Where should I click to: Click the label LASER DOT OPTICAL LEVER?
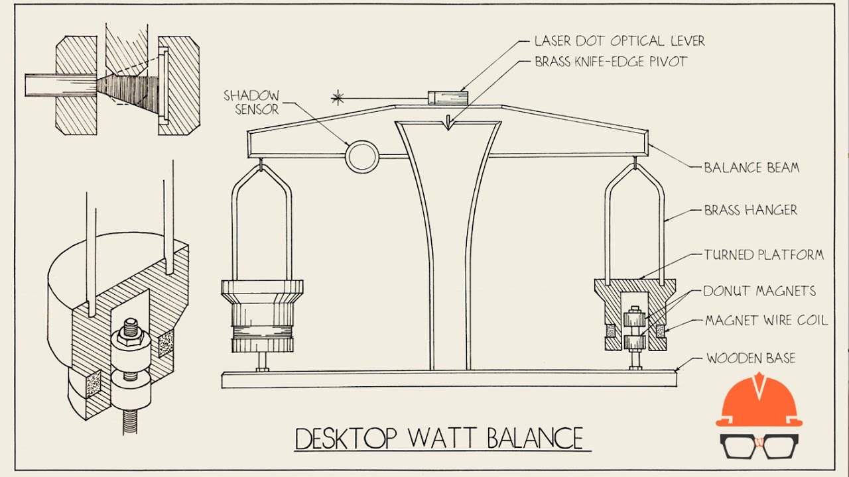point(619,41)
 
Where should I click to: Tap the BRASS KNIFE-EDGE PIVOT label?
point(610,62)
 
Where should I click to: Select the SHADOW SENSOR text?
point(251,102)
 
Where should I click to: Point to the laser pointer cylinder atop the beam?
point(448,97)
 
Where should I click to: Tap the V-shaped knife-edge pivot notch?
point(449,123)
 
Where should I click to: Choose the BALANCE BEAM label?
point(751,168)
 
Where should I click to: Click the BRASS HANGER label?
point(750,211)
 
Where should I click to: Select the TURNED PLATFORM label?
point(763,254)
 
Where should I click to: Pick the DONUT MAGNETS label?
point(759,291)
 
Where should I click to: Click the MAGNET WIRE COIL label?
point(766,321)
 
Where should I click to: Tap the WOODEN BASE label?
point(750,358)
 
